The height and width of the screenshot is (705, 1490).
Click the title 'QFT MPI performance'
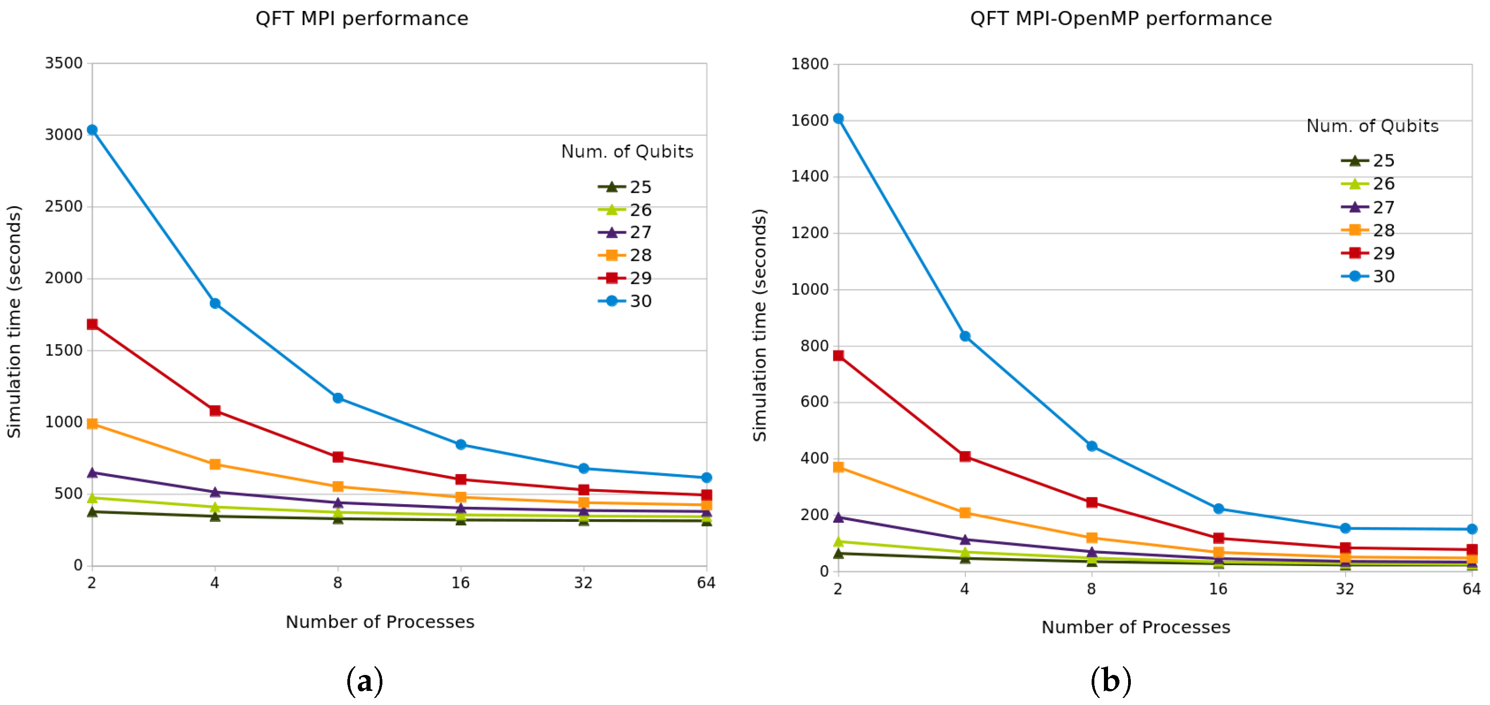tap(361, 19)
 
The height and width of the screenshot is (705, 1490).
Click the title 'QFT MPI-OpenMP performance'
tap(1120, 19)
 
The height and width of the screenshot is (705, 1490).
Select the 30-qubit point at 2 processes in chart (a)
tap(92, 130)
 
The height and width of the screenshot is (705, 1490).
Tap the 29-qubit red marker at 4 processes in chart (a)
tap(215, 411)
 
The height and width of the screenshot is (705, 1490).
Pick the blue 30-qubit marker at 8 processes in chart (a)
tap(338, 398)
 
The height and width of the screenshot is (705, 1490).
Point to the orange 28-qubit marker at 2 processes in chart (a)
tap(92, 424)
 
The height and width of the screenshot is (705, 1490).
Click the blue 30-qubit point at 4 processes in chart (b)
tap(965, 336)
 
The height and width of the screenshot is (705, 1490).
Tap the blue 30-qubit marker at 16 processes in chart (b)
tap(1218, 509)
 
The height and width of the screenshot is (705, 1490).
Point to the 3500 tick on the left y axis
tap(64, 63)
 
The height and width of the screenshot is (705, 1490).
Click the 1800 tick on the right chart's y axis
tap(810, 64)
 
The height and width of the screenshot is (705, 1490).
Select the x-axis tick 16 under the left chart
tap(460, 582)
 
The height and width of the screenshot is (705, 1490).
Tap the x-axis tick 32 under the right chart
tap(1345, 589)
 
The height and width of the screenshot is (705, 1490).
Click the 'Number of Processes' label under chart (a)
tap(380, 622)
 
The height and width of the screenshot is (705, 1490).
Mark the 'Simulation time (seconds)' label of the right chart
tap(759, 325)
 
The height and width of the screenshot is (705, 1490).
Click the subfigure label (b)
tap(1111, 681)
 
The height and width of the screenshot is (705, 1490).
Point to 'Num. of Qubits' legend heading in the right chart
tap(1372, 126)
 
